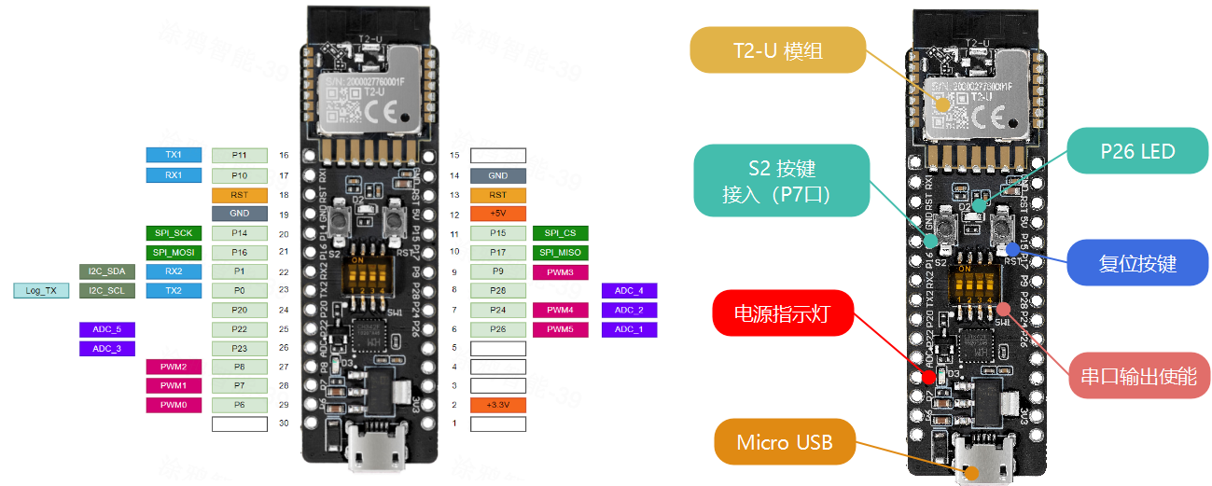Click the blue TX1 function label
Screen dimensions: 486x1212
[174, 155]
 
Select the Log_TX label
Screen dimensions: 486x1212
[41, 291]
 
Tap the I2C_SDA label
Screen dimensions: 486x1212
[107, 271]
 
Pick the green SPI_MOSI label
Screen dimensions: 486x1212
[174, 252]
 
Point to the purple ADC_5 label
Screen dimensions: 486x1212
[107, 329]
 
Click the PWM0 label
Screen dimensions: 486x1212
[174, 405]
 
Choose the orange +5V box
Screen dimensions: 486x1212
[498, 214]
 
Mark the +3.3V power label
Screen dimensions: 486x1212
[498, 405]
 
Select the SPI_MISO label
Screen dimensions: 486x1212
[560, 252]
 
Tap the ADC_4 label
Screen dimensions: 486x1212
[630, 291]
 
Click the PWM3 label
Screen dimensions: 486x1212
[560, 271]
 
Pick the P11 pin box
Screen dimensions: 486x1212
[240, 155]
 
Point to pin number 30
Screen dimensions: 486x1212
[284, 424]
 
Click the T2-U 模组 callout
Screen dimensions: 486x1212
[777, 50]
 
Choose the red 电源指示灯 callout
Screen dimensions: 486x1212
[784, 314]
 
